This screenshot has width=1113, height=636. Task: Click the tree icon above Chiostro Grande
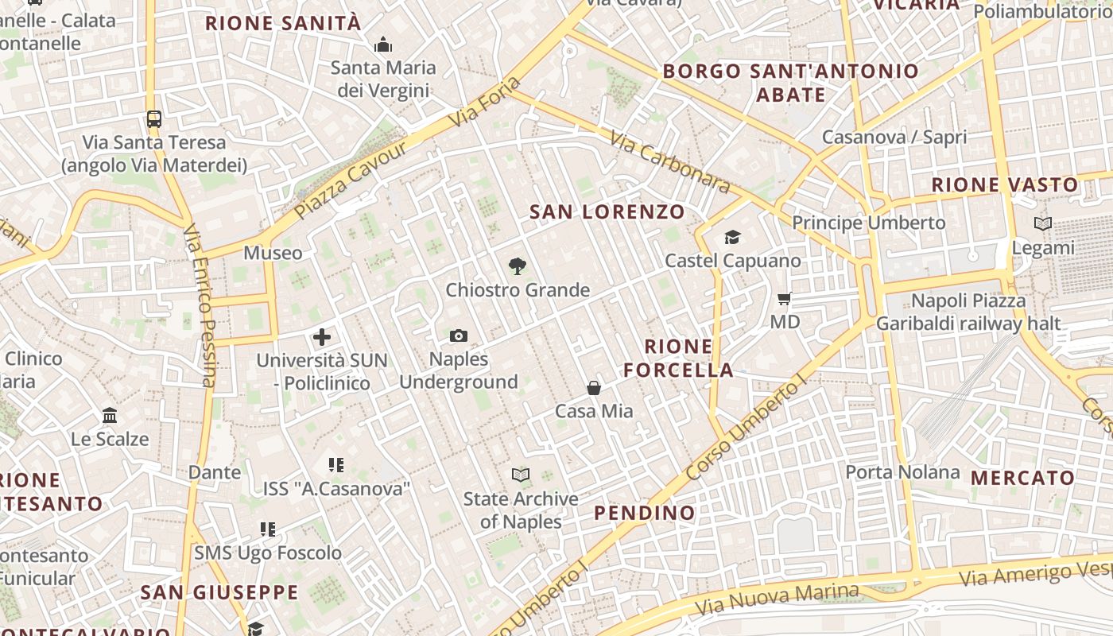click(517, 266)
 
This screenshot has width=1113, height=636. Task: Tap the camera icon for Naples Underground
click(458, 336)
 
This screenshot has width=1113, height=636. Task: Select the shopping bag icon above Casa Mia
click(594, 388)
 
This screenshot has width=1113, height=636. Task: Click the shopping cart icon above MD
click(785, 299)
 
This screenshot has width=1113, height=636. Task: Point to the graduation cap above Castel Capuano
click(732, 237)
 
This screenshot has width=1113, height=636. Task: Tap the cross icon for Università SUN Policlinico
click(322, 337)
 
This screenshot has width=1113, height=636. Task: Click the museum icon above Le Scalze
click(110, 416)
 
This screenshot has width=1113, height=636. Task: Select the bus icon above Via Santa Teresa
click(154, 119)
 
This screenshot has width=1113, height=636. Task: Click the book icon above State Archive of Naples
click(521, 475)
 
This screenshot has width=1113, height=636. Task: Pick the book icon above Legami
click(1043, 224)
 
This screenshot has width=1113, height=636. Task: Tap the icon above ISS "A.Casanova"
click(336, 465)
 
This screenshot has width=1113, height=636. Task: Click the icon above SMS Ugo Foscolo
click(268, 529)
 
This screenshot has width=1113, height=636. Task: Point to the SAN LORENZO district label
click(607, 211)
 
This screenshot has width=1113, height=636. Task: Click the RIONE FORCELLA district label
click(678, 358)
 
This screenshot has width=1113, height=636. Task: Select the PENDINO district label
click(645, 513)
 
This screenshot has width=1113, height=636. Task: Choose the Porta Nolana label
click(902, 472)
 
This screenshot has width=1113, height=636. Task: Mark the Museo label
click(273, 253)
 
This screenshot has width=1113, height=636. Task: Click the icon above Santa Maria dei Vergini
click(383, 45)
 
